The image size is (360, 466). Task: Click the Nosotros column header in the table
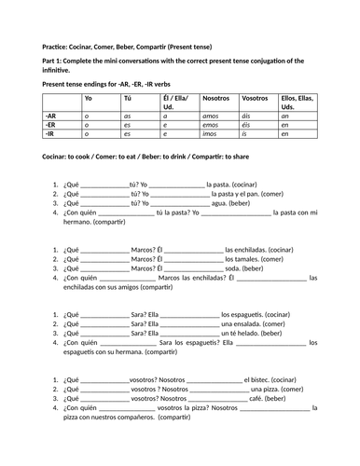215,98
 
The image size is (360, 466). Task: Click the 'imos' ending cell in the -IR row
210,135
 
